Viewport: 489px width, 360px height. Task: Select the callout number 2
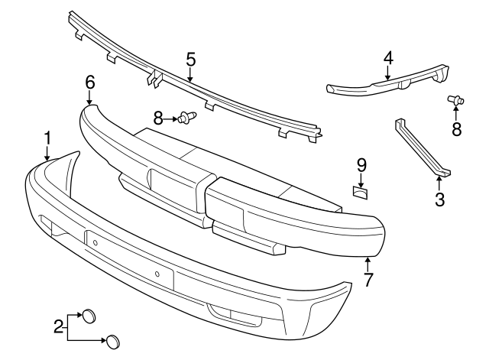point(58,326)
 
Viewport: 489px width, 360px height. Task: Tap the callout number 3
point(439,201)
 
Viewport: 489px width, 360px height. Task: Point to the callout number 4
point(388,57)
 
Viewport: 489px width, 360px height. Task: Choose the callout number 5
point(190,58)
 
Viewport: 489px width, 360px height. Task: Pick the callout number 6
point(90,82)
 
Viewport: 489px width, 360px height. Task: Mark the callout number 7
point(368,280)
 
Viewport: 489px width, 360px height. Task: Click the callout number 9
point(362,164)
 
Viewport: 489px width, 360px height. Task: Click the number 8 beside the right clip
point(457,129)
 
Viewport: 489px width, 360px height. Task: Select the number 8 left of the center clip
point(158,117)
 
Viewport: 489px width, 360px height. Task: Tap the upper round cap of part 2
point(89,315)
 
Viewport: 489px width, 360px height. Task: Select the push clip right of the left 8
point(186,117)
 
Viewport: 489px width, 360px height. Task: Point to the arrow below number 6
point(90,98)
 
